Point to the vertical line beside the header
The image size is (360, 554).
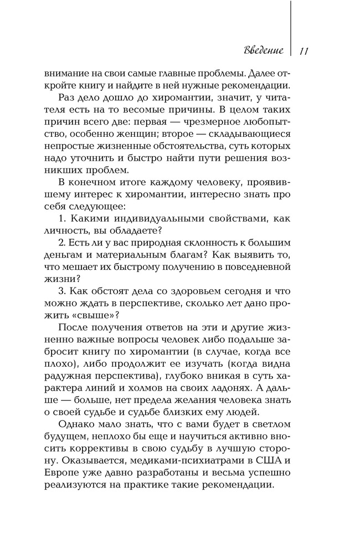coord(290,28)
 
